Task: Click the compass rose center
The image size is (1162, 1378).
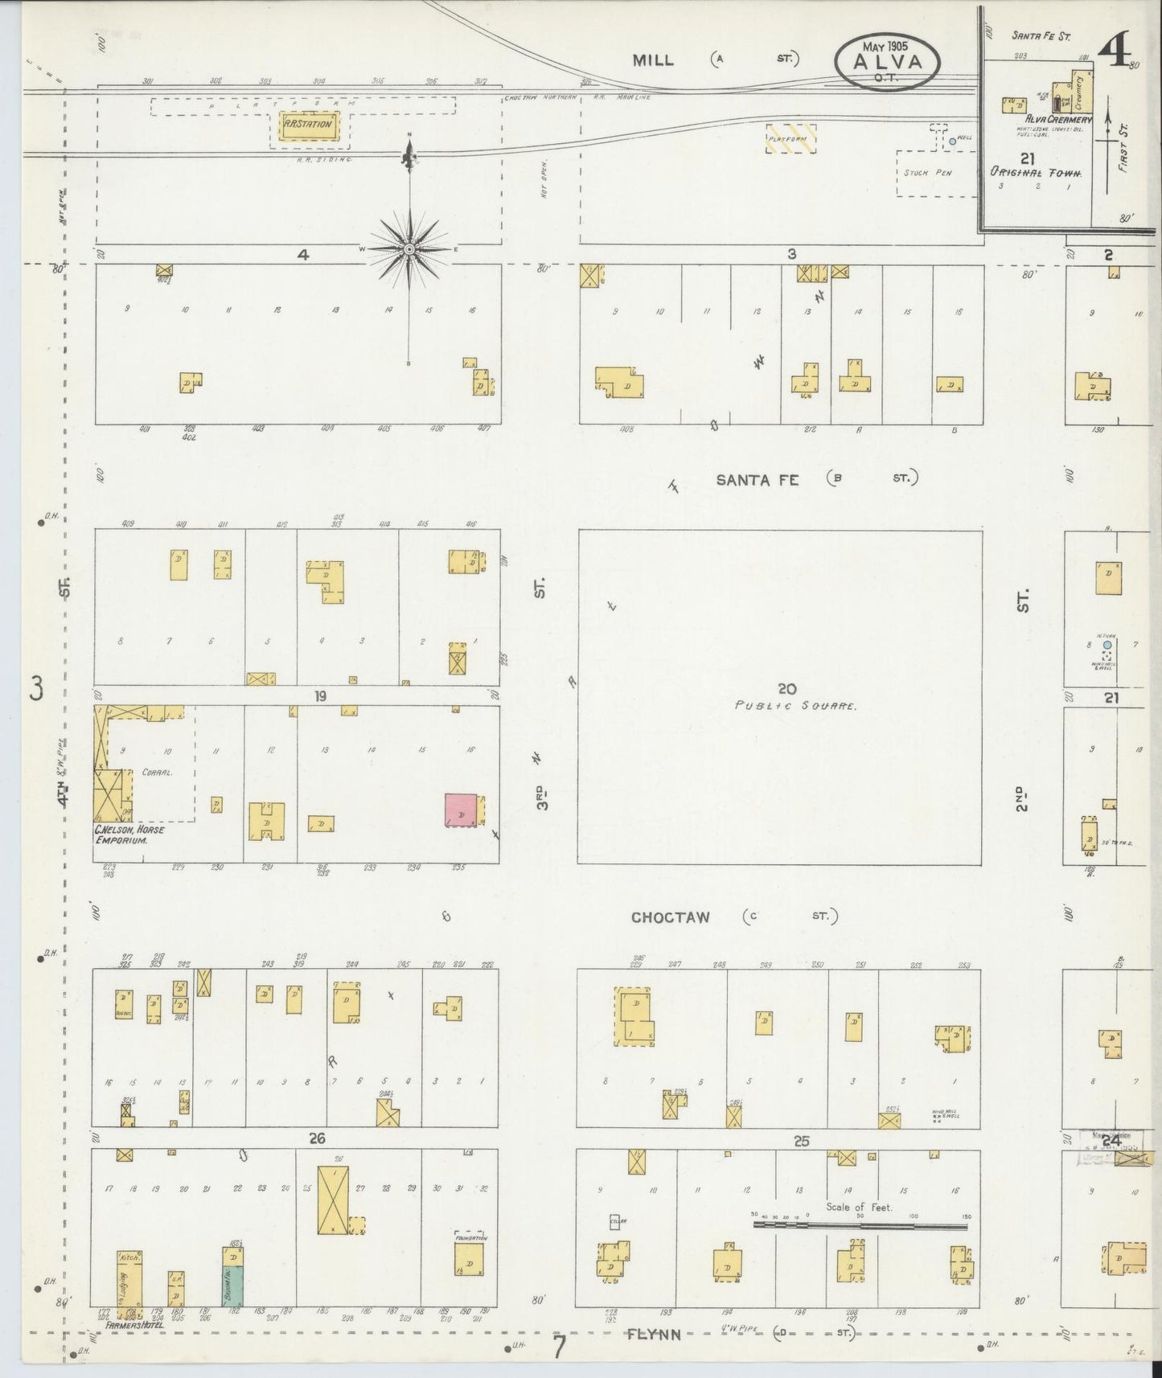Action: [409, 249]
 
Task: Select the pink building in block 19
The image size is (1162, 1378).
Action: [461, 810]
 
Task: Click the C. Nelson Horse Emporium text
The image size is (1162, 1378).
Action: [129, 835]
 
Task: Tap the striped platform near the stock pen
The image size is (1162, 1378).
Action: [790, 138]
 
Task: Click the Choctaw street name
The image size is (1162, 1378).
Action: [670, 917]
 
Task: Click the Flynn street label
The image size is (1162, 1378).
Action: [655, 1334]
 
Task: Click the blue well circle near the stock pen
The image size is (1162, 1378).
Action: [952, 141]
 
